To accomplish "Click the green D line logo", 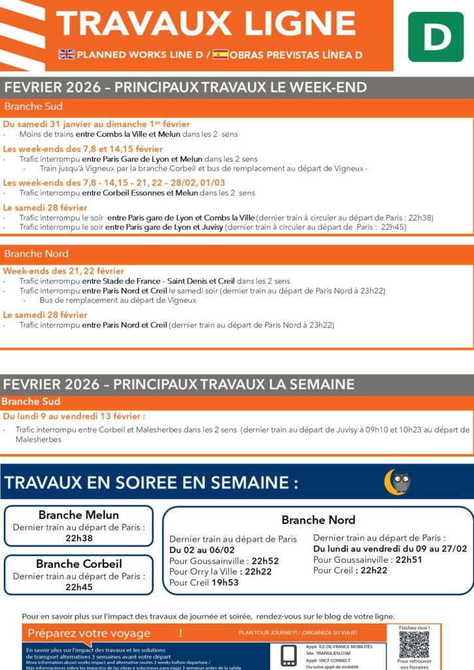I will (x=435, y=37).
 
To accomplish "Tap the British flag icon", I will (x=67, y=55).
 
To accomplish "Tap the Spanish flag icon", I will (x=220, y=55).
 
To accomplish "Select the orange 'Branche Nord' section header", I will (x=37, y=254).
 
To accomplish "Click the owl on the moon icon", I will (x=398, y=482).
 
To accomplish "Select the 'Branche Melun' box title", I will (x=79, y=515).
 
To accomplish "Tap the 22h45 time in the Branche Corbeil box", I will (x=79, y=587).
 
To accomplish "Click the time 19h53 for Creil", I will (x=225, y=582).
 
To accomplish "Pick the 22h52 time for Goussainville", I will (x=265, y=561).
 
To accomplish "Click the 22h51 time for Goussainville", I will (x=409, y=559).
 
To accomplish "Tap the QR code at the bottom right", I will (x=414, y=644).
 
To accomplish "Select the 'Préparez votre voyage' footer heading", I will (x=89, y=633).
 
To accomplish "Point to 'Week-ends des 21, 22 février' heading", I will (x=63, y=271).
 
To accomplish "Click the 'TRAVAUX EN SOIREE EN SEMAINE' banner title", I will (x=151, y=484).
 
